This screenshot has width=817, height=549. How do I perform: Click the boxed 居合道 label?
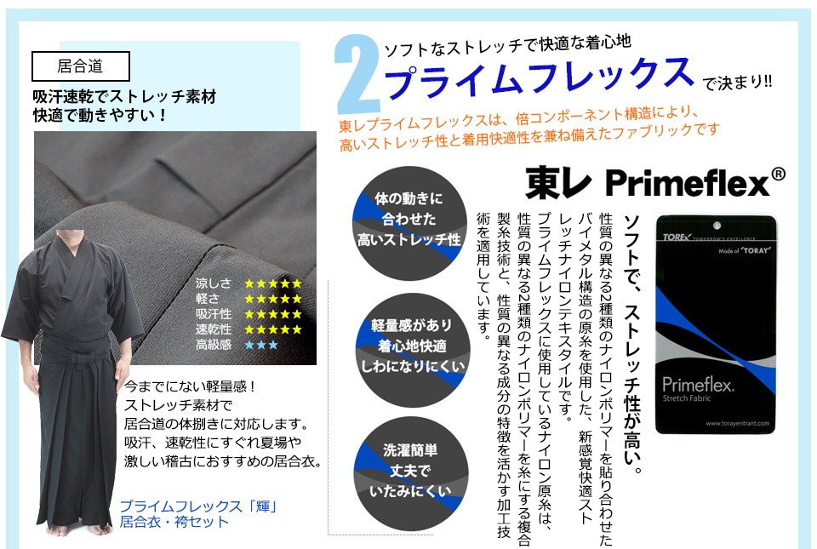pos(81,66)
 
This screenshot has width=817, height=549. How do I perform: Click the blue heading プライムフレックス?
pos(538,77)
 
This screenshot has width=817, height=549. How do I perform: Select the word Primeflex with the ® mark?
pos(695,182)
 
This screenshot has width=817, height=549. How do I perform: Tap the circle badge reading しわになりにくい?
pos(412,350)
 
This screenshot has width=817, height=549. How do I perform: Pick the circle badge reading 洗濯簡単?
pos(410,473)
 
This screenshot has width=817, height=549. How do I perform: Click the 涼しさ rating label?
pos(213,283)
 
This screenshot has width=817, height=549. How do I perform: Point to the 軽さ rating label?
pos(208,299)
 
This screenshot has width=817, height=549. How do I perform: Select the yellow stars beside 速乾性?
pos(273,329)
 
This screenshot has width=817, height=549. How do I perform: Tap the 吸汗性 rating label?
pos(213,314)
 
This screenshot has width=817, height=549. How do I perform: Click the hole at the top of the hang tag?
pos(717,226)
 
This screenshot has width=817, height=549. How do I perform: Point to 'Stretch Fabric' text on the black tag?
pos(687,398)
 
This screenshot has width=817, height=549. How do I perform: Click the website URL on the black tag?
pos(737,423)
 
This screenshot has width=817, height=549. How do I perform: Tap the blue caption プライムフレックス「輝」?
pos(198,506)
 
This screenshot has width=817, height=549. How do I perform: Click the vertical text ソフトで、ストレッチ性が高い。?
pos(631,345)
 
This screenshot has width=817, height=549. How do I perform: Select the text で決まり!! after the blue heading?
pos(737,83)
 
